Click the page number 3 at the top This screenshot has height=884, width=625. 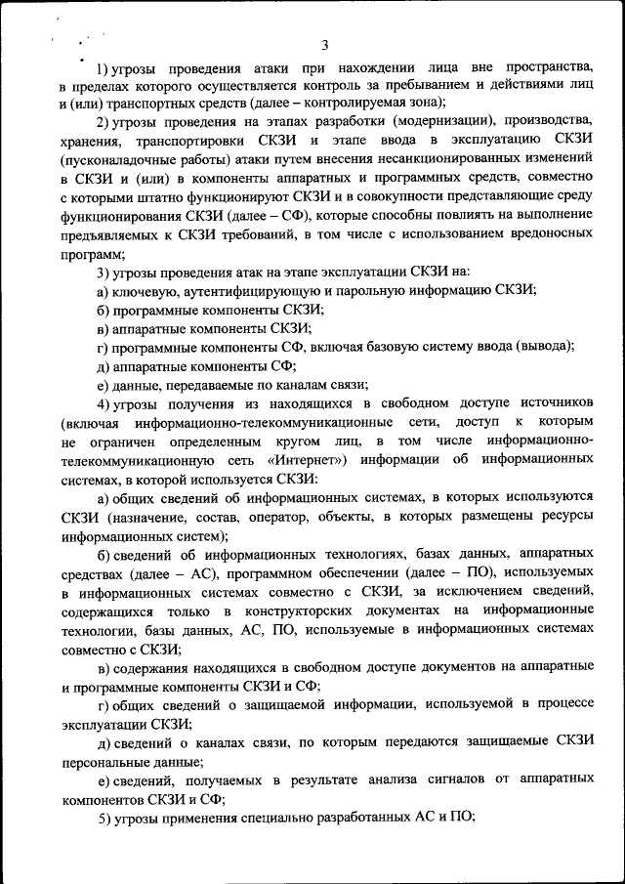[x=325, y=44]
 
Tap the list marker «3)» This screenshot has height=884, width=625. [x=106, y=270]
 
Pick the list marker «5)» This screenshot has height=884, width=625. [x=106, y=819]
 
